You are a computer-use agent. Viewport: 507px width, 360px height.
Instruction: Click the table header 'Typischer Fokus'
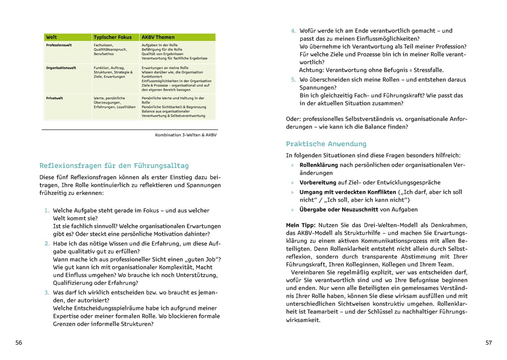tap(112, 37)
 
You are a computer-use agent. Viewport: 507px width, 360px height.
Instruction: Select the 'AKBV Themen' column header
tap(158, 37)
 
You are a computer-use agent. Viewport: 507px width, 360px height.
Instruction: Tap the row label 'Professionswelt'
tap(60, 45)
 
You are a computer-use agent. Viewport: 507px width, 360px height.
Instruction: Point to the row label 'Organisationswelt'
tap(61, 68)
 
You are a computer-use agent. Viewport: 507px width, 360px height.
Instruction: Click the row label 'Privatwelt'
tap(54, 98)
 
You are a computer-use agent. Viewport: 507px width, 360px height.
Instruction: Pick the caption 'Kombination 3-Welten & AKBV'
tap(186, 135)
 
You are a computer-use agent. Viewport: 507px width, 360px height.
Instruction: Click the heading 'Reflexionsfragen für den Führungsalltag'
tap(114, 166)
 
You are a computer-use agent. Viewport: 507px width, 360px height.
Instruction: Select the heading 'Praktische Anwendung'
tap(326, 144)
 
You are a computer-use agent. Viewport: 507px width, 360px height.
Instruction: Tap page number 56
tap(19, 343)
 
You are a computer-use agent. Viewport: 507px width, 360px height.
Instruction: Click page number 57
tap(488, 343)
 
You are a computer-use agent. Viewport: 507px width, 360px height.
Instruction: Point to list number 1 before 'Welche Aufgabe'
tap(47, 211)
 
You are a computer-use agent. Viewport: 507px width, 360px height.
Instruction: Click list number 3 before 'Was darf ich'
tap(47, 292)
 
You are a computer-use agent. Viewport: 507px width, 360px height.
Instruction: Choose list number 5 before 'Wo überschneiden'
tap(293, 80)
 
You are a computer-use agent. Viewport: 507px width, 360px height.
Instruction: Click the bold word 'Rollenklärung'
tap(319, 165)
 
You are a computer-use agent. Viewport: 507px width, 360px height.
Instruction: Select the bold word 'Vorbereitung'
tap(318, 182)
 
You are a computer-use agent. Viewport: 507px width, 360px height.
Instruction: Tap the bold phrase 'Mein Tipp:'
tap(300, 225)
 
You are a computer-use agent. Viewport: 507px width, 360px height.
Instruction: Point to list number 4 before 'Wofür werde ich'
tap(293, 31)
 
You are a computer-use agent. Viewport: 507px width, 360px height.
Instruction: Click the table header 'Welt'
tap(51, 37)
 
